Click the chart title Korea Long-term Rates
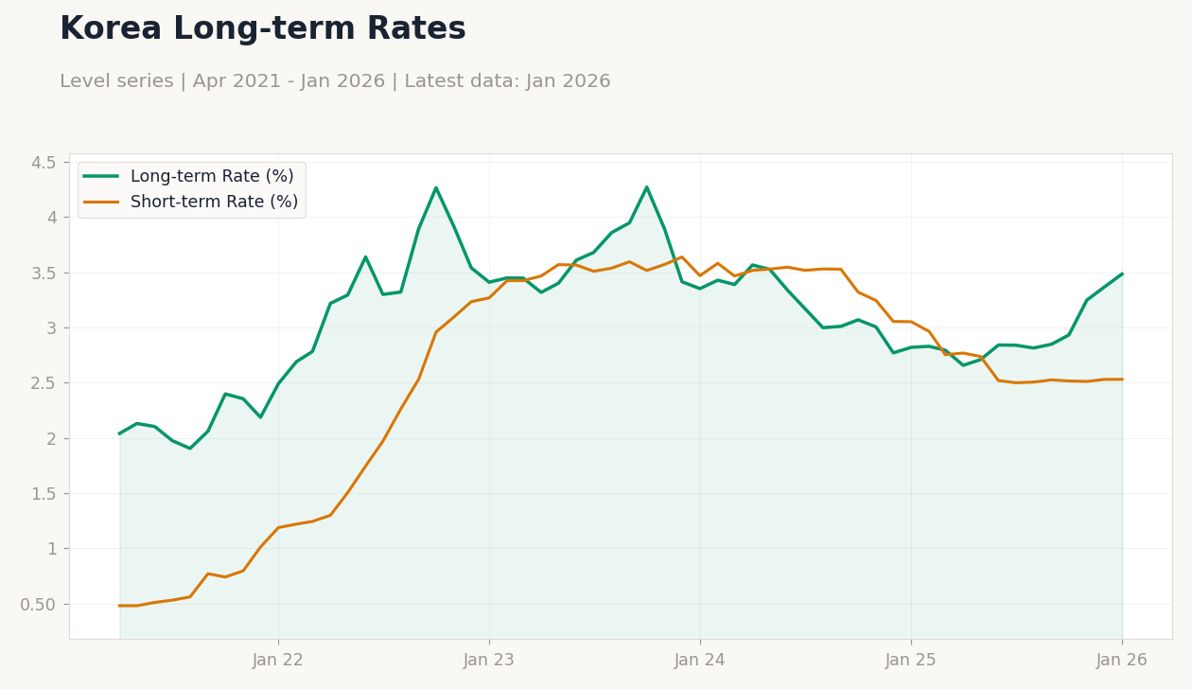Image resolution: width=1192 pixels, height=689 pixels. click(x=262, y=29)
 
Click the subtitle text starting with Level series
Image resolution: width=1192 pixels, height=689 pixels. click(x=335, y=81)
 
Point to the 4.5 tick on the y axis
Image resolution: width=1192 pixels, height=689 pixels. click(x=44, y=162)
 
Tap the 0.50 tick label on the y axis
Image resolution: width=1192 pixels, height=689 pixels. click(x=38, y=604)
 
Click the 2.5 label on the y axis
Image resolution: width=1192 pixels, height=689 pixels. click(x=44, y=383)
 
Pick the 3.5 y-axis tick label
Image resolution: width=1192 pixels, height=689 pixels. click(x=44, y=273)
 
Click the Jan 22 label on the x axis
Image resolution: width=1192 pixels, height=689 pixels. click(x=278, y=661)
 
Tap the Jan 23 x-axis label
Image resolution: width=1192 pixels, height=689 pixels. click(x=489, y=661)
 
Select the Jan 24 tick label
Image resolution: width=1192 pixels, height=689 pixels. click(x=700, y=661)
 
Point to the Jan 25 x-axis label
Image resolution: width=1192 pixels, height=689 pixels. click(x=911, y=661)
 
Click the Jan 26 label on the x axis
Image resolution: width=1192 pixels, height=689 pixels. click(x=1122, y=661)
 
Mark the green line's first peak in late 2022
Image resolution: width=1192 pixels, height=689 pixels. click(x=436, y=187)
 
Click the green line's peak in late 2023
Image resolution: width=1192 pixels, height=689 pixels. click(x=647, y=186)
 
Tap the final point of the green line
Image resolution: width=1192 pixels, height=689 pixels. click(x=1122, y=274)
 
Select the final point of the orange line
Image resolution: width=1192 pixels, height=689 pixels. click(x=1122, y=380)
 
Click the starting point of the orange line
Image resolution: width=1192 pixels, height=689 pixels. click(x=119, y=606)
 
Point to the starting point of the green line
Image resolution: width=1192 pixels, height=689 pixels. click(x=119, y=433)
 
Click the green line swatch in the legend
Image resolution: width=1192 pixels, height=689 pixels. click(x=100, y=177)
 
